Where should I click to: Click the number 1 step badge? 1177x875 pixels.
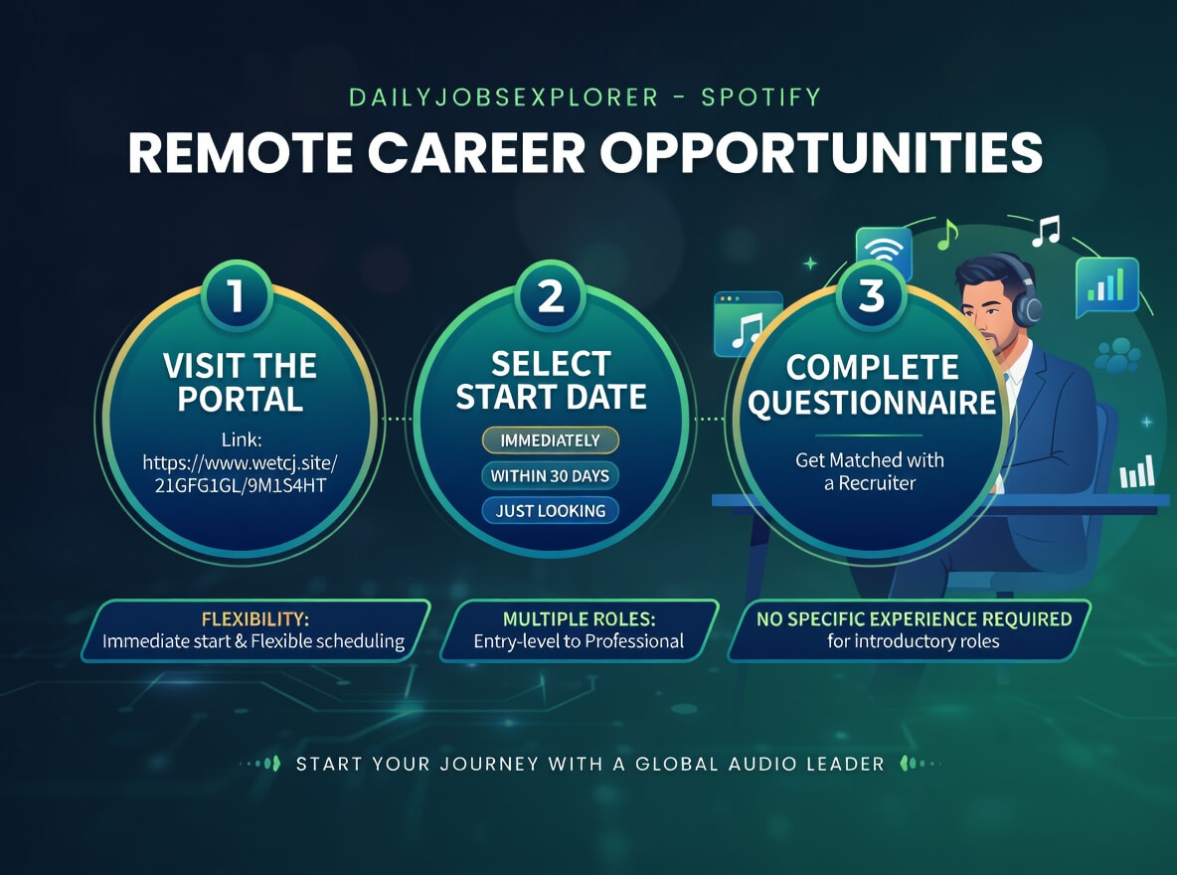(237, 295)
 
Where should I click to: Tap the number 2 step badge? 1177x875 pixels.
(551, 295)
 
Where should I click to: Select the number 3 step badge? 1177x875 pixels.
(871, 295)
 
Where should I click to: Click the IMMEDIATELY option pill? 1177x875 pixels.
(550, 440)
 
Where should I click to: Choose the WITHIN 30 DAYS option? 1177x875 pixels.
(550, 475)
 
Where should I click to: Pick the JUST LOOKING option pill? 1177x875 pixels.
(550, 511)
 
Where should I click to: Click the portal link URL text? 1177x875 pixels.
(241, 474)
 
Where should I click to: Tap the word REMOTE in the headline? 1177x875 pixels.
(241, 153)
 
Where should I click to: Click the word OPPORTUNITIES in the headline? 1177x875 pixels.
(821, 153)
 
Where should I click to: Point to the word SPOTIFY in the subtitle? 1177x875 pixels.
(761, 97)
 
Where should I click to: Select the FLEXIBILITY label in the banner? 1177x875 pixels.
(255, 618)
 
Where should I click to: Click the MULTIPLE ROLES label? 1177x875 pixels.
(579, 618)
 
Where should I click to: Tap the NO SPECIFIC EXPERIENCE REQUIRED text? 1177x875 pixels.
(914, 618)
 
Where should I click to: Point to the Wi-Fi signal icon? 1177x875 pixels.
(884, 252)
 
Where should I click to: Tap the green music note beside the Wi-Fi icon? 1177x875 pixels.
(947, 235)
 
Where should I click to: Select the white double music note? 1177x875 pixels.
(1045, 231)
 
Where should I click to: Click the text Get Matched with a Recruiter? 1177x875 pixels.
(870, 471)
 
